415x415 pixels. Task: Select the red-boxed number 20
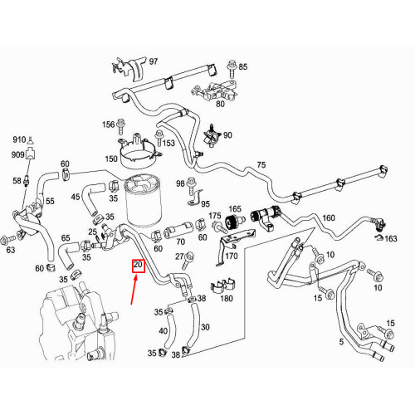coord(139,266)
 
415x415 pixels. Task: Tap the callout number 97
coord(153,62)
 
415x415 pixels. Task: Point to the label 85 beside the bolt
coord(243,66)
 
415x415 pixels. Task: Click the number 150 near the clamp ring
coord(110,158)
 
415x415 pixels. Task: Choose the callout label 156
coord(108,124)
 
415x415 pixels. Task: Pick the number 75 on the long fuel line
coord(261,165)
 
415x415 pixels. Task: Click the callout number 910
coord(19,139)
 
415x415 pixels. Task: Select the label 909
coord(18,154)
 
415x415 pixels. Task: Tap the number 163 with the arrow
coord(391,238)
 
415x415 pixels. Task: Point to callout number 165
coord(235,209)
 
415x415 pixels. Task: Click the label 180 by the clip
coord(226,297)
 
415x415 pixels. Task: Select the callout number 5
coord(339,340)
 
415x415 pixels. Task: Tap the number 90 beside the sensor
coord(227,135)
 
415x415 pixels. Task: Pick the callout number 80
coord(220,104)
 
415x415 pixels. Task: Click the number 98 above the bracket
coord(180,183)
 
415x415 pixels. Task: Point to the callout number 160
coord(329,218)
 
